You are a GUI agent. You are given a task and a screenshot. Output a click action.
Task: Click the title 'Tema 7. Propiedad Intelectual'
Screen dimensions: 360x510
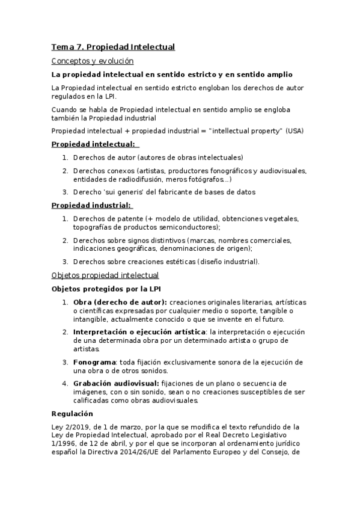click(112, 46)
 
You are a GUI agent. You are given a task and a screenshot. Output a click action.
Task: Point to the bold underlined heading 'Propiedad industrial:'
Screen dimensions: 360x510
click(92, 205)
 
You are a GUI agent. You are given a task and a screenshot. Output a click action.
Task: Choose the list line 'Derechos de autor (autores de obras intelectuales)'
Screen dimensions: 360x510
click(158, 157)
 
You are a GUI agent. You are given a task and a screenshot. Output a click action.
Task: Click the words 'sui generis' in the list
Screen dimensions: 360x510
click(122, 192)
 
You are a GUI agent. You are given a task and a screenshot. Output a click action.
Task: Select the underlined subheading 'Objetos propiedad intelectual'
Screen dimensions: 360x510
click(105, 275)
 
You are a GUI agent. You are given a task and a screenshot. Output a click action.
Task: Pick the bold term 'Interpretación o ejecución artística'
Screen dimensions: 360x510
click(139, 332)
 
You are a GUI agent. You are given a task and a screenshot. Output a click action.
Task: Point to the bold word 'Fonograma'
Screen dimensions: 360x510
click(94, 362)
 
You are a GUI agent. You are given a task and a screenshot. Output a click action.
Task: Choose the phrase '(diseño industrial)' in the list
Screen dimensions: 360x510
click(227, 262)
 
